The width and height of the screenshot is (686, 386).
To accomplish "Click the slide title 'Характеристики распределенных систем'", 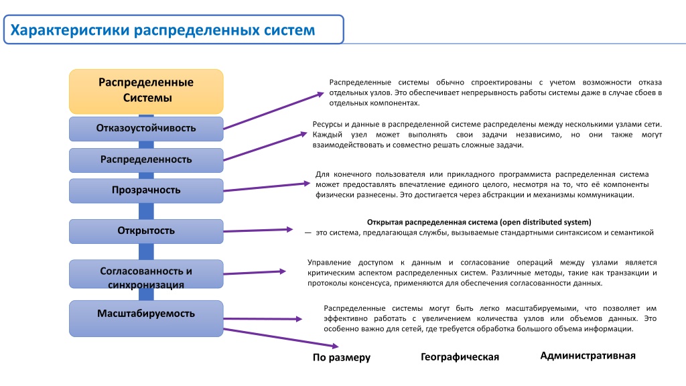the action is (x=162, y=29).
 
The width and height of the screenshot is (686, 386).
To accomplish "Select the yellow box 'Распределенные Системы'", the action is (x=146, y=91).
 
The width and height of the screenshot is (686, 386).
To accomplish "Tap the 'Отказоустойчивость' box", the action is (x=146, y=129).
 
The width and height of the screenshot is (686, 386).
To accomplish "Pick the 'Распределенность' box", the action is (x=146, y=160).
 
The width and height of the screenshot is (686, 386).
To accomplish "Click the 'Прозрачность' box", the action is (x=146, y=190).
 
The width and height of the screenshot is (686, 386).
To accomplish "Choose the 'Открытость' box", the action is (x=146, y=231).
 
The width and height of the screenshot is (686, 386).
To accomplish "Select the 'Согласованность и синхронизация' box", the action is (x=146, y=274).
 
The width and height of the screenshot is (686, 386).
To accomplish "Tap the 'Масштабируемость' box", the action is (x=146, y=318).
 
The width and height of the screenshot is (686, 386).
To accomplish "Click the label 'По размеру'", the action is (x=341, y=358).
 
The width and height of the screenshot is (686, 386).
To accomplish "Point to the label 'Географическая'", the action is (x=460, y=357).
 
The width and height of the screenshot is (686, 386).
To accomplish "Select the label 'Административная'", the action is (x=588, y=355).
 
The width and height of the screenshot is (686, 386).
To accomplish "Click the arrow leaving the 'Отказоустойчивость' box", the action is (x=273, y=111).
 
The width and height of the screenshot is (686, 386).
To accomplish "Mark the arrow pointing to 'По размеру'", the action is (x=281, y=338).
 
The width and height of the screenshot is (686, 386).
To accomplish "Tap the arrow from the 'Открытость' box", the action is (x=258, y=231).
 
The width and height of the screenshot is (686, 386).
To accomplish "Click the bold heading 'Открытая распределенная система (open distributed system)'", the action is (x=479, y=222).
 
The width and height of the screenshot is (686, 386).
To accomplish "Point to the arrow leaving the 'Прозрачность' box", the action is (x=267, y=187).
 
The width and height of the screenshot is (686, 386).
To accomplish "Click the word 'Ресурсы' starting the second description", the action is (x=328, y=125).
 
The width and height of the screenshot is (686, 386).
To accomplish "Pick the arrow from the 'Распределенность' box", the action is (x=265, y=146).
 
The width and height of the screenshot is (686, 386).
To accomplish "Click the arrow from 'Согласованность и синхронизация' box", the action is (x=255, y=273).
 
